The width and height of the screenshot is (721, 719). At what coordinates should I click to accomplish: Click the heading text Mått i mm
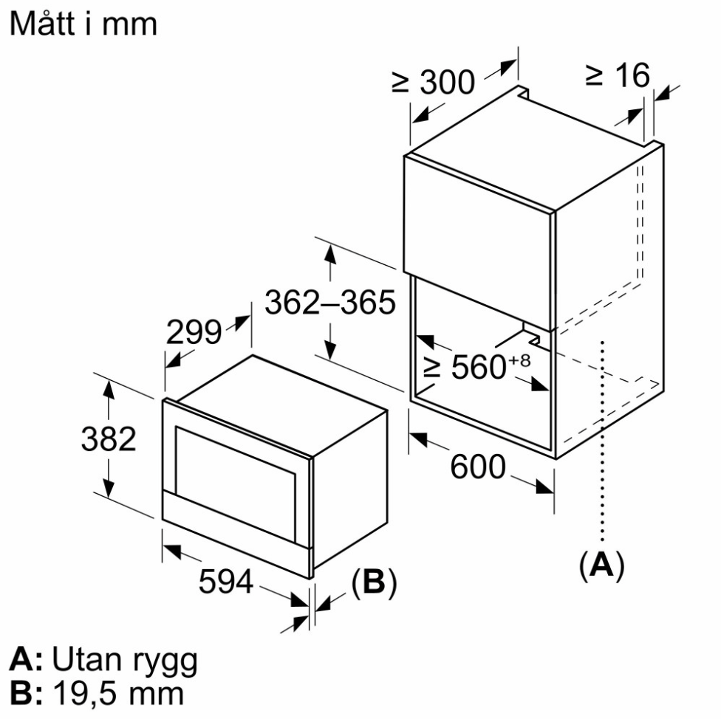[x=83, y=23]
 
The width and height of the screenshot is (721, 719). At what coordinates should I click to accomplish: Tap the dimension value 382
[x=109, y=438]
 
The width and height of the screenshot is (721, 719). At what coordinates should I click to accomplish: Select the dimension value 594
[x=226, y=581]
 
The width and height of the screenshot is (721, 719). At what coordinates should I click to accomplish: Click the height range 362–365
[x=330, y=302]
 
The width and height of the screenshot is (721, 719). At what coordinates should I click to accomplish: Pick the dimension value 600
[x=478, y=467]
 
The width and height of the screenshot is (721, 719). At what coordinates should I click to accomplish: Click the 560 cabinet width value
[x=478, y=367]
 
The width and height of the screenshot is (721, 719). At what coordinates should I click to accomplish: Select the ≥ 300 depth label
[x=433, y=82]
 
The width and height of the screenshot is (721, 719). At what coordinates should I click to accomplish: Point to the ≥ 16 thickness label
[x=618, y=75]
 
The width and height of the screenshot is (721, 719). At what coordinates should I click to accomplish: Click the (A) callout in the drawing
[x=601, y=565]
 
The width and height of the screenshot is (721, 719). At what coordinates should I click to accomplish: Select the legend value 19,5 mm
[x=119, y=693]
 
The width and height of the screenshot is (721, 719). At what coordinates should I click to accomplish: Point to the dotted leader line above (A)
[x=602, y=441]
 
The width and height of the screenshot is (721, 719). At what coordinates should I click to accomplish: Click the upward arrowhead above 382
[x=108, y=390]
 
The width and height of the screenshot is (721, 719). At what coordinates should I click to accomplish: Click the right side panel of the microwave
[x=350, y=489]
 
